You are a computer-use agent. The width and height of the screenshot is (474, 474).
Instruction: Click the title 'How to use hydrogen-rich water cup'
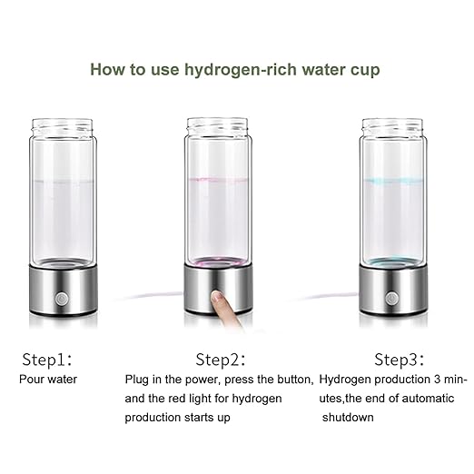click(235, 69)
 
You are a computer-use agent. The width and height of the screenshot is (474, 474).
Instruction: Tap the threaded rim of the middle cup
click(218, 126)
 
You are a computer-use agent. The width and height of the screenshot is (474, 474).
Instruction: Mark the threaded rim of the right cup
click(396, 126)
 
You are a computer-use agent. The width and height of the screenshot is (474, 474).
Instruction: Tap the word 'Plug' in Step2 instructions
click(138, 377)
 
